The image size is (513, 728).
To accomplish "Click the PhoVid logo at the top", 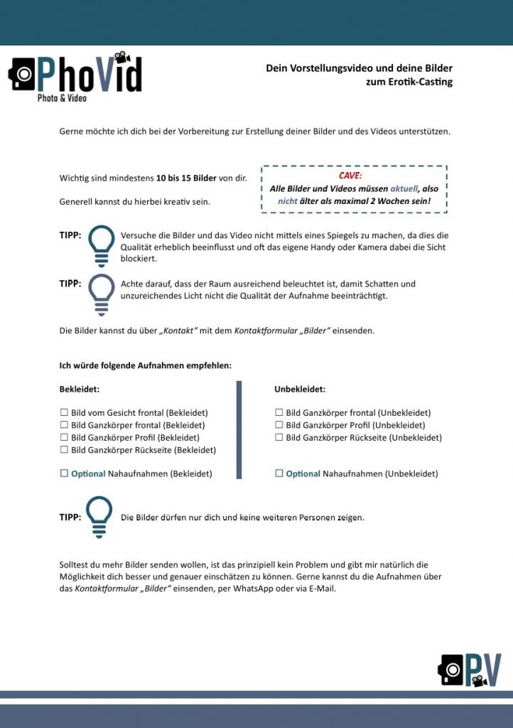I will [75, 75].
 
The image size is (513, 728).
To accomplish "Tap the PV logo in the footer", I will [470, 669].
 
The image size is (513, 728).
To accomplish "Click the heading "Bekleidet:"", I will [79, 390].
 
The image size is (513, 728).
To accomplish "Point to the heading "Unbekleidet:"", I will [300, 390].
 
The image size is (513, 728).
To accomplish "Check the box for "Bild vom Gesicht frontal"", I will [64, 412].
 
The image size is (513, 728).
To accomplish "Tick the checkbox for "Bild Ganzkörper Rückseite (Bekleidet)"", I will [64, 450].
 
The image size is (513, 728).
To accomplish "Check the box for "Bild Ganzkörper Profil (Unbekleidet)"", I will [279, 425].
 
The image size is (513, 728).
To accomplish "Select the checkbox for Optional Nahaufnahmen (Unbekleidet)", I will [279, 473].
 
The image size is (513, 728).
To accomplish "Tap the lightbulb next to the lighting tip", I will [101, 293].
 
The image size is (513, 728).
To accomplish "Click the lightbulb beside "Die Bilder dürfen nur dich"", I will [99, 516].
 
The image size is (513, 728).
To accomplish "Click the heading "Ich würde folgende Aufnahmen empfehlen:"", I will [145, 366].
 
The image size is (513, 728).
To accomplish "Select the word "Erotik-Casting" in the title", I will [420, 82].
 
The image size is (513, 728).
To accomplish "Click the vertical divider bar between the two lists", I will [239, 429].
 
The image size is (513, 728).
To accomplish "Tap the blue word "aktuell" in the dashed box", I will [404, 189].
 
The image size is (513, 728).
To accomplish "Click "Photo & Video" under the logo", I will [62, 98].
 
